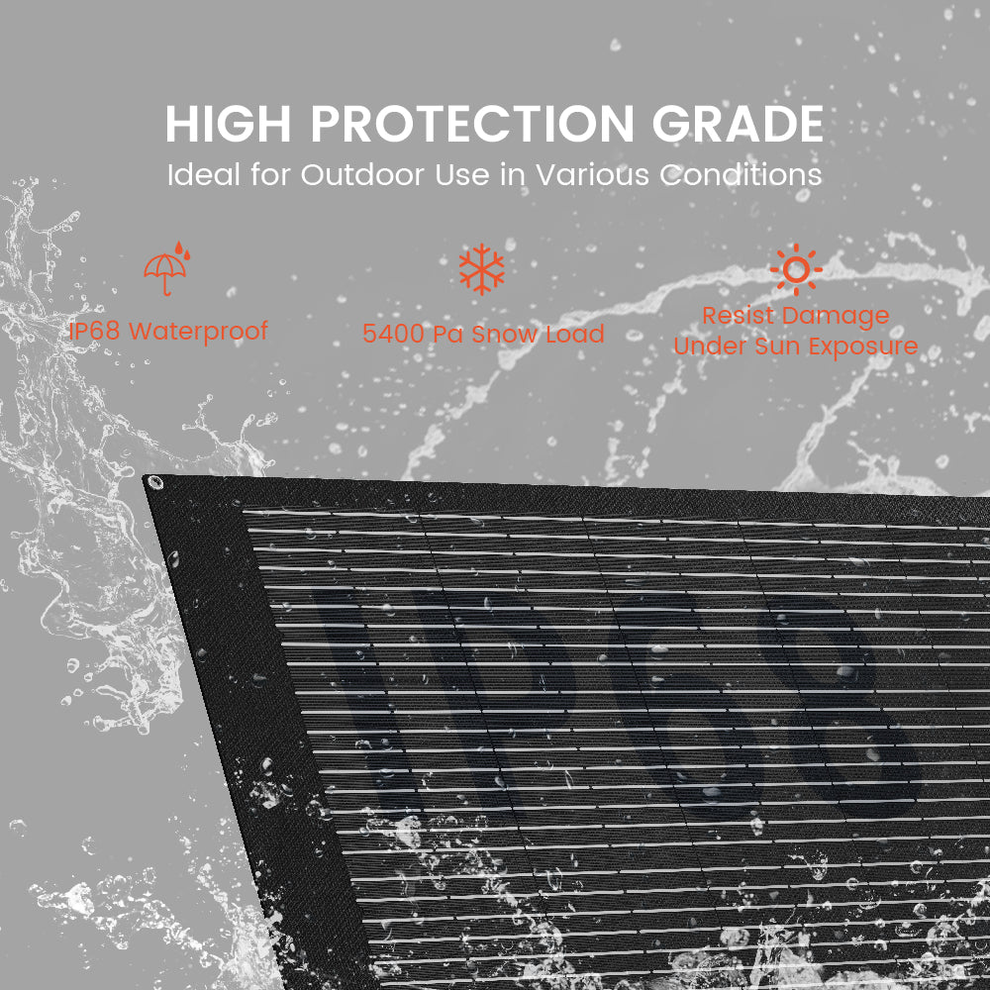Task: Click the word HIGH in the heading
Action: click(230, 124)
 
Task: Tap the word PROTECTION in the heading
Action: click(472, 124)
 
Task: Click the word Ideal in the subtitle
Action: click(203, 175)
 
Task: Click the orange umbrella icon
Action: click(166, 268)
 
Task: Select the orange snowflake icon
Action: click(482, 268)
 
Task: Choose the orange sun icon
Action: click(796, 268)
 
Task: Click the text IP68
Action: click(94, 331)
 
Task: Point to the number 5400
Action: click(393, 334)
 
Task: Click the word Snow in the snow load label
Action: click(504, 334)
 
